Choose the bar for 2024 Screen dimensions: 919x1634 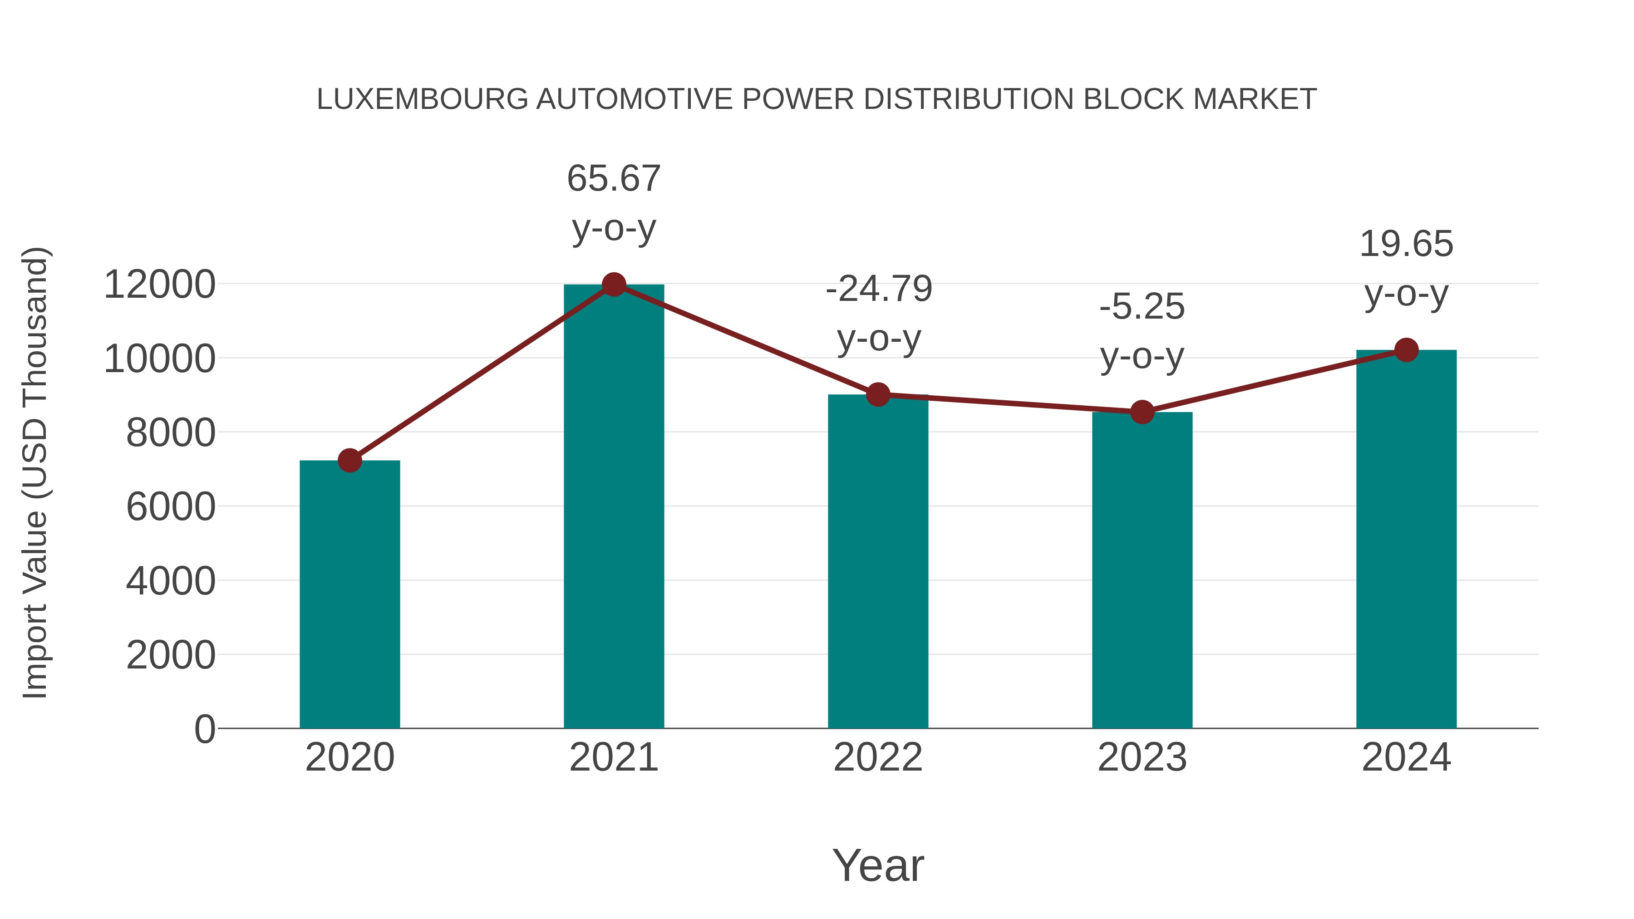(1406, 539)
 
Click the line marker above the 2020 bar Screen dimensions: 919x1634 (349, 461)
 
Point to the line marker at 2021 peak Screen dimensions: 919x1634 (613, 285)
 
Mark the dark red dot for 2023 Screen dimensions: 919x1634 (1142, 412)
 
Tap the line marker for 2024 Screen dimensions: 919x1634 (1406, 349)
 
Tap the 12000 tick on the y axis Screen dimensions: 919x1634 (159, 284)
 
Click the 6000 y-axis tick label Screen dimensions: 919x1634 (171, 507)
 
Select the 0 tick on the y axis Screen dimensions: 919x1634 (205, 729)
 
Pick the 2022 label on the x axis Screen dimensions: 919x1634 (878, 757)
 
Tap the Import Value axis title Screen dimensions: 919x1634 (35, 472)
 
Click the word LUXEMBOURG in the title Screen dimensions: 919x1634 (422, 99)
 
